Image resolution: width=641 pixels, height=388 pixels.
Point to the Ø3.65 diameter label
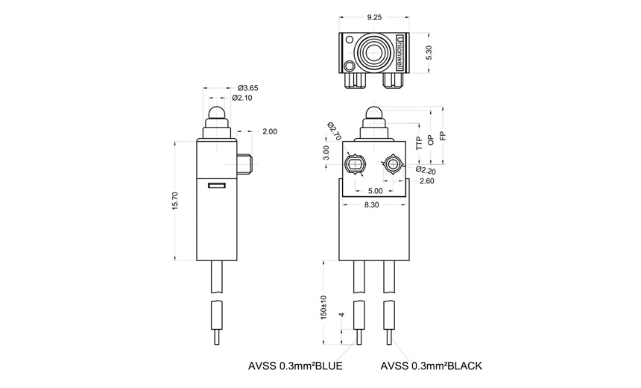pyautogui.click(x=247, y=87)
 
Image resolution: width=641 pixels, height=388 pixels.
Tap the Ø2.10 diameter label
pyautogui.click(x=244, y=98)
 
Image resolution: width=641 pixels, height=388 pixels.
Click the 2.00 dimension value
pyautogui.click(x=270, y=131)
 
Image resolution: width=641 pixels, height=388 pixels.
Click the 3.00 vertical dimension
pyautogui.click(x=326, y=153)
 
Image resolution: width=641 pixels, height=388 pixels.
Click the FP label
pyautogui.click(x=443, y=137)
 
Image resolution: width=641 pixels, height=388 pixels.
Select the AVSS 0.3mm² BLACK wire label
pyautogui.click(x=431, y=366)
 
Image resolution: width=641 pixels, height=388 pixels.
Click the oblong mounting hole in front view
pyautogui.click(x=356, y=163)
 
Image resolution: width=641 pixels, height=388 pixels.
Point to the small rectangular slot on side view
pyautogui.click(x=216, y=184)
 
